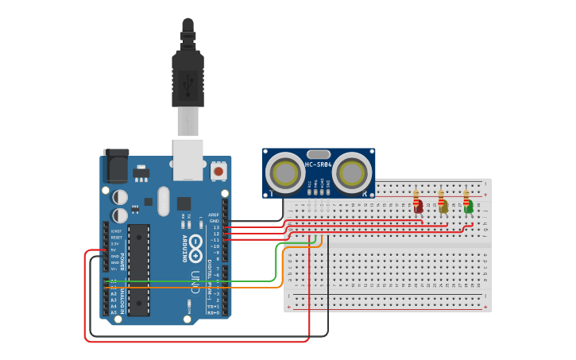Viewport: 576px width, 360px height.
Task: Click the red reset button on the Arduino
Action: click(x=218, y=170)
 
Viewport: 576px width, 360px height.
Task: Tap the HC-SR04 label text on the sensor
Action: click(x=319, y=165)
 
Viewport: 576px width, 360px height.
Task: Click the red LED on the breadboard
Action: click(x=417, y=207)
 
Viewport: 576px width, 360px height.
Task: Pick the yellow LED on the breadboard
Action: click(x=443, y=207)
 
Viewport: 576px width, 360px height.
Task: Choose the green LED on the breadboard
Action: click(x=468, y=207)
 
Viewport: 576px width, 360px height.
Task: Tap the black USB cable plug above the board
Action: click(x=188, y=79)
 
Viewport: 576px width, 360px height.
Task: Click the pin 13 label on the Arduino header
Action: click(x=215, y=227)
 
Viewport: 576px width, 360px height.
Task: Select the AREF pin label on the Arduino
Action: click(x=213, y=215)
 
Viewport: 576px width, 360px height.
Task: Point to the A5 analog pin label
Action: click(x=114, y=312)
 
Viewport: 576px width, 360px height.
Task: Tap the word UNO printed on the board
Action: click(x=195, y=282)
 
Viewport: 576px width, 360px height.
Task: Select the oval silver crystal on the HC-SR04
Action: click(x=318, y=154)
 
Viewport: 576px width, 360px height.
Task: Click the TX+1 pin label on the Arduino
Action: click(x=213, y=306)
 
